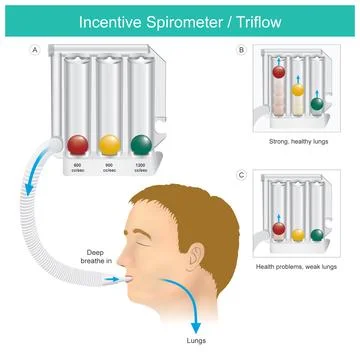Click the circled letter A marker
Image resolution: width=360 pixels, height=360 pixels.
37,48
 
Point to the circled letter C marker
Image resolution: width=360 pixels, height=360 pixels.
241,177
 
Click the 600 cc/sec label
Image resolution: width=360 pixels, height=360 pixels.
77,168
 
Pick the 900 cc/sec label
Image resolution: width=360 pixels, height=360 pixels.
108,168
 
